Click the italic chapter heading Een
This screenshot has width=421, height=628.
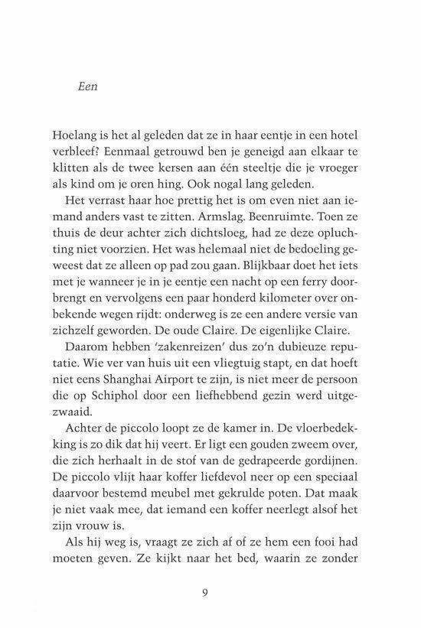pos(90,86)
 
